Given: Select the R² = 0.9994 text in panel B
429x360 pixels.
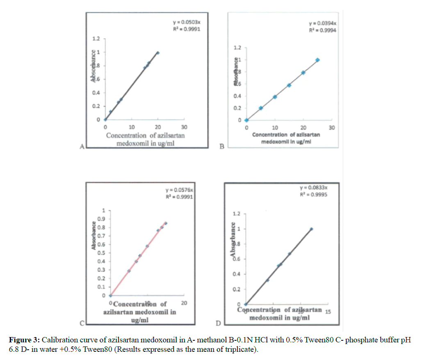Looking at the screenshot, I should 323,31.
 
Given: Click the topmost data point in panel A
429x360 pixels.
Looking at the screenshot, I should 158,53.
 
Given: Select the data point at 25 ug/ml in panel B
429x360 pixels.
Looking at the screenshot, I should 317,60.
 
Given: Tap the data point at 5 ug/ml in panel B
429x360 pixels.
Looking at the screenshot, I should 261,108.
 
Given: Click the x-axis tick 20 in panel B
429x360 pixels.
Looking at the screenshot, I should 303,128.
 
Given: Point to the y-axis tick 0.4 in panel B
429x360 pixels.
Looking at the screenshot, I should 237,96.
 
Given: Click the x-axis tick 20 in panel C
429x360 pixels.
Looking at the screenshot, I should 184,303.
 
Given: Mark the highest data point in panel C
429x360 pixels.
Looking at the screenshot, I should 166,223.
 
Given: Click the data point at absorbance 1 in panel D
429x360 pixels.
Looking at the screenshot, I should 311,229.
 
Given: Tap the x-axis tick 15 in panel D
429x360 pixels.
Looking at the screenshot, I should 327,312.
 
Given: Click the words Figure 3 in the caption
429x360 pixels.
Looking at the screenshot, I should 23,340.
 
